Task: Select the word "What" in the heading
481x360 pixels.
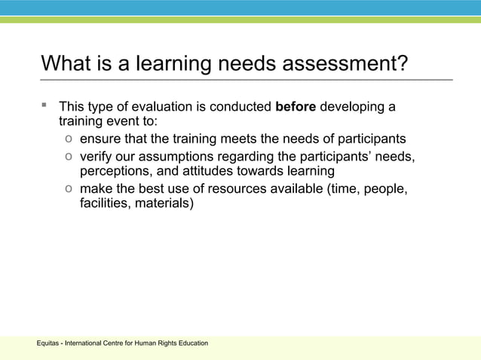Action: [x=66, y=63]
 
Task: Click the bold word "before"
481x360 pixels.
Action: [x=296, y=107]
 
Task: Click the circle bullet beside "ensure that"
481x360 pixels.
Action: [x=69, y=139]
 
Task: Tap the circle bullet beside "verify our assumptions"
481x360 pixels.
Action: [x=69, y=156]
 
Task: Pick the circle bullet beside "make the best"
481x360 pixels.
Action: [x=69, y=188]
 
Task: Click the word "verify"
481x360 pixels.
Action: [x=97, y=156]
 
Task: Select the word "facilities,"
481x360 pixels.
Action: [x=105, y=204]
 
